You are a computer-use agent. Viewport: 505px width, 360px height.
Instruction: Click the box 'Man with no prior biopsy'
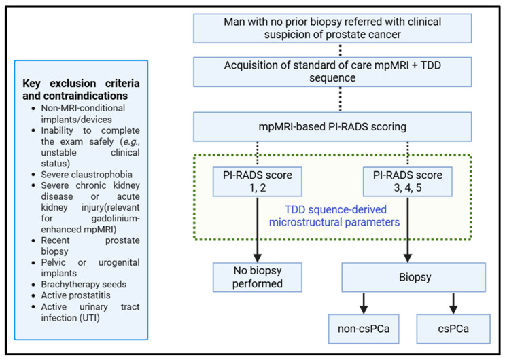pyautogui.click(x=332, y=29)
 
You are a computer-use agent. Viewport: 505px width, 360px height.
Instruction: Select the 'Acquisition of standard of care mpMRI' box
pyautogui.click(x=332, y=72)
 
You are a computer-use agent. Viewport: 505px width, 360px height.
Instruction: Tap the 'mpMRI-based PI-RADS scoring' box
pyautogui.click(x=332, y=127)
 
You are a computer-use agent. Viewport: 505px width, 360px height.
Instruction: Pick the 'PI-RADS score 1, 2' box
pyautogui.click(x=258, y=181)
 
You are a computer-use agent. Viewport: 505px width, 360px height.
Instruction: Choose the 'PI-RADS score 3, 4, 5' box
pyautogui.click(x=407, y=181)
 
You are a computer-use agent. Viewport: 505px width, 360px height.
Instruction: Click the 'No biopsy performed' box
pyautogui.click(x=258, y=277)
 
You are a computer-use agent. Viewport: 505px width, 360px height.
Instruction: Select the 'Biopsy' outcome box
pyautogui.click(x=413, y=277)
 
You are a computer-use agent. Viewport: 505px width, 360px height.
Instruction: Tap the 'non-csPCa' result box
pyautogui.click(x=364, y=329)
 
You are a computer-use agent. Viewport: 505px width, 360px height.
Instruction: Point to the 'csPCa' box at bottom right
pyautogui.click(x=453, y=329)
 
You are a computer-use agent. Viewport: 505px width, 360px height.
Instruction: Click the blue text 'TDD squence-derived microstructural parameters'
pyautogui.click(x=335, y=216)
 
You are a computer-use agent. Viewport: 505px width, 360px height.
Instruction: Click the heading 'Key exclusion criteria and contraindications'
pyautogui.click(x=81, y=90)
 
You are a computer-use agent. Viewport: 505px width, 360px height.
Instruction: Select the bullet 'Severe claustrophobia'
pyautogui.click(x=86, y=175)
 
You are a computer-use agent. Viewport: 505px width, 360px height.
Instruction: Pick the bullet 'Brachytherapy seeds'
pyautogui.click(x=84, y=285)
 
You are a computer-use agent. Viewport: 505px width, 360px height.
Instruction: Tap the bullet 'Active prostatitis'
pyautogui.click(x=75, y=295)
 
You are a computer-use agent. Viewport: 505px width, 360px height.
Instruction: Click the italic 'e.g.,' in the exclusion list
pyautogui.click(x=131, y=142)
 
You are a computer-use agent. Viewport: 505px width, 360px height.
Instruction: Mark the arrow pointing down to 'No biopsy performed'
pyautogui.click(x=258, y=230)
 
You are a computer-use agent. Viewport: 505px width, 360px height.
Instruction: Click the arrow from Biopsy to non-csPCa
pyautogui.click(x=364, y=304)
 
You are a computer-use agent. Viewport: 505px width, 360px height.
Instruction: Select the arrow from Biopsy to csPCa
pyautogui.click(x=453, y=304)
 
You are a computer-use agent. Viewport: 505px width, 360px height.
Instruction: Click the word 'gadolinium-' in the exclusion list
pyautogui.click(x=116, y=218)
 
